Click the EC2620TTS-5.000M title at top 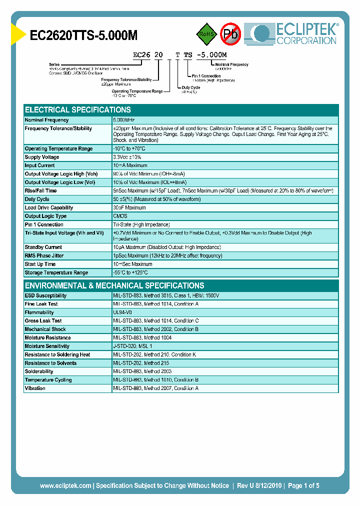pos(83,35)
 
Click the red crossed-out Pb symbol pos(230,34)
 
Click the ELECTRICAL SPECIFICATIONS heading pos(78,110)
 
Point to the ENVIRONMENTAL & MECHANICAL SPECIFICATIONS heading pos(114,285)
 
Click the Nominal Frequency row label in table pos(46,120)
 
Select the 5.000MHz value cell pos(124,120)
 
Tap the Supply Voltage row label pos(42,157)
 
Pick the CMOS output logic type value pos(120,216)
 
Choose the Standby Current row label pos(44,247)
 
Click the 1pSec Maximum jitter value pos(167,255)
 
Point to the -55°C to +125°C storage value pos(130,272)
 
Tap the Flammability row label pos(39,312)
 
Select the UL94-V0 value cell pos(122,312)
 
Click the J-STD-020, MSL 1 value pos(132,346)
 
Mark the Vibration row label pos(35,388)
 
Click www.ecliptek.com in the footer pos(65,485)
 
